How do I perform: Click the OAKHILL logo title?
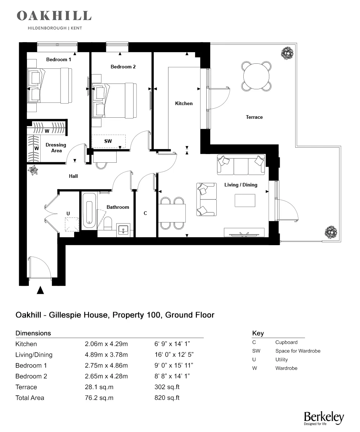[x=54, y=16]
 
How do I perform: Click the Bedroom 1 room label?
[x=59, y=59]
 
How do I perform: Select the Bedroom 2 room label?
[x=123, y=67]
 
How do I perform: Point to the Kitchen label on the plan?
[x=184, y=103]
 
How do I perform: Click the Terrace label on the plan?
[x=254, y=117]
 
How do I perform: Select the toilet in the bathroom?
[x=108, y=224]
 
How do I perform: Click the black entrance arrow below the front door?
[x=41, y=290]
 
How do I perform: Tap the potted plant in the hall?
[x=34, y=170]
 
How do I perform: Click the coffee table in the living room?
[x=245, y=200]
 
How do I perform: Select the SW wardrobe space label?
[x=108, y=141]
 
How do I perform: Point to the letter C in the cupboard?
[x=145, y=213]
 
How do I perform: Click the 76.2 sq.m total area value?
[x=99, y=398]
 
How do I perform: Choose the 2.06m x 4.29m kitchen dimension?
[x=106, y=344]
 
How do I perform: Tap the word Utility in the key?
[x=282, y=360]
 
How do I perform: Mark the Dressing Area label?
[x=56, y=148]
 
